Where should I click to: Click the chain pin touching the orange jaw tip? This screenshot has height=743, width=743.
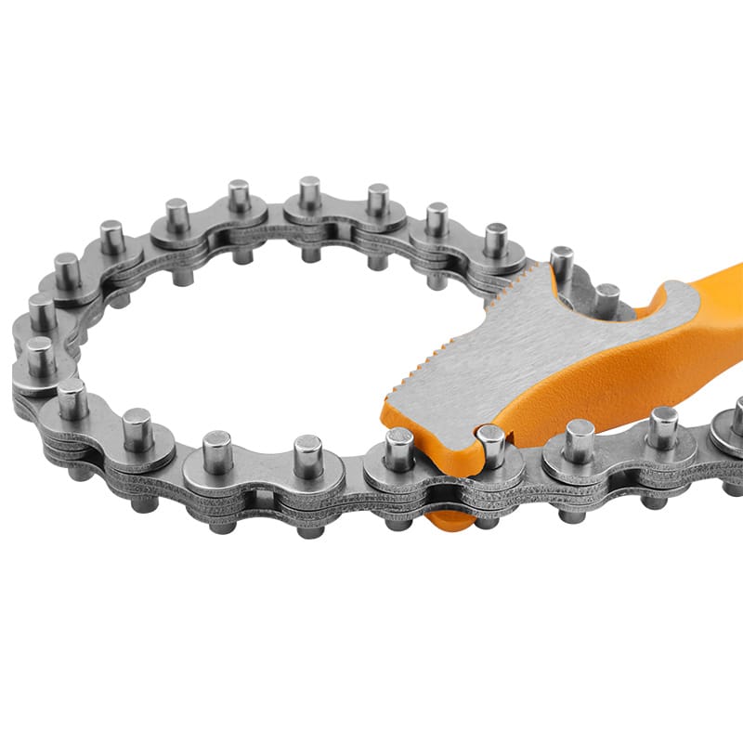click(490, 444)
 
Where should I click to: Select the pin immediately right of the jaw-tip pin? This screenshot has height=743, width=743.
click(579, 440)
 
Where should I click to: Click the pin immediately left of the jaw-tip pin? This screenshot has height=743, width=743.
click(399, 448)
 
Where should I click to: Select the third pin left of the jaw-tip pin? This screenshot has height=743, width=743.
click(216, 451)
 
